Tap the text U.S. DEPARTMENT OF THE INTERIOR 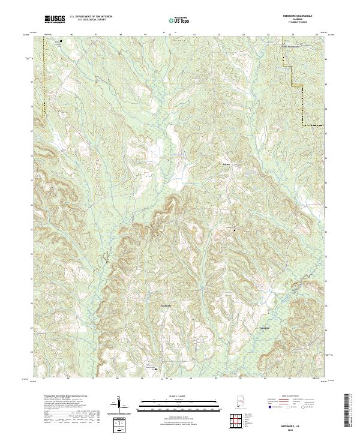(91, 18)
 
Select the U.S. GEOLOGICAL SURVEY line (91, 21)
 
